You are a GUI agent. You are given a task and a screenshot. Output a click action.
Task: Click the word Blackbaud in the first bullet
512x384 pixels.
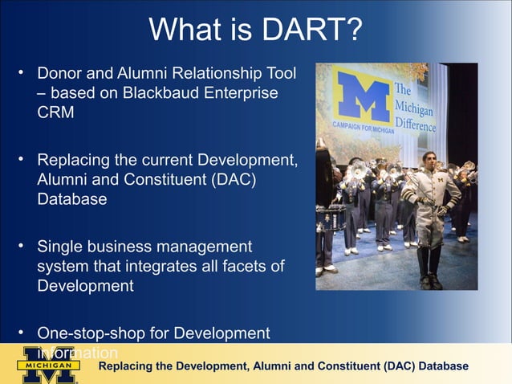pyautogui.click(x=158, y=93)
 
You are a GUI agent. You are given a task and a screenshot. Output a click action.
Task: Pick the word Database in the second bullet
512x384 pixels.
pyautogui.click(x=71, y=199)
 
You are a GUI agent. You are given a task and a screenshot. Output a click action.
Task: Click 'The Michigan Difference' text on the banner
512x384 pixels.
pyautogui.click(x=414, y=108)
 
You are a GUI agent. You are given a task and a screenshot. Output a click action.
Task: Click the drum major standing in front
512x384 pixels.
pyautogui.click(x=430, y=217)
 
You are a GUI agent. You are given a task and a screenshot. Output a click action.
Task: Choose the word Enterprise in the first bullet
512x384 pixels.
pyautogui.click(x=238, y=93)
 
